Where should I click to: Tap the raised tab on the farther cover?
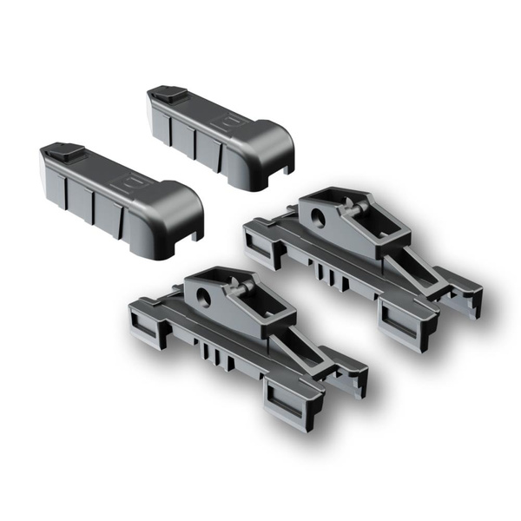pyautogui.click(x=165, y=93)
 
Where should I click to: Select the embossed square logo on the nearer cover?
pyautogui.click(x=137, y=185)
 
